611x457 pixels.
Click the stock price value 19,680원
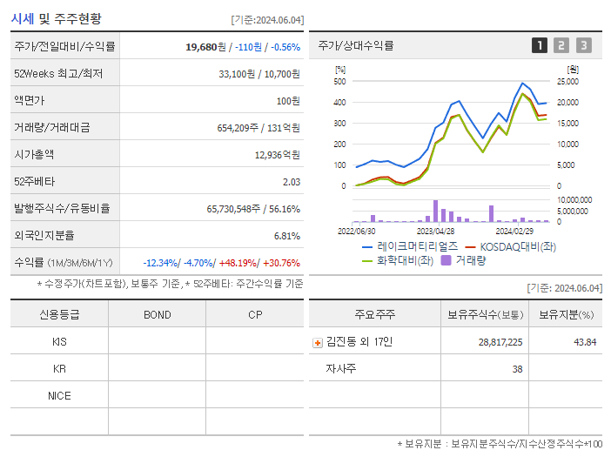(x=207, y=47)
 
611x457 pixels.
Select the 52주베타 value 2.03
(x=291, y=182)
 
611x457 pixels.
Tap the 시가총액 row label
(x=34, y=155)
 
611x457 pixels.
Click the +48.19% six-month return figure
(x=238, y=263)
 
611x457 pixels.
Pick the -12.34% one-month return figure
(x=160, y=263)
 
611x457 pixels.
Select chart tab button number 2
(x=561, y=45)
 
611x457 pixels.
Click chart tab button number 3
(x=583, y=45)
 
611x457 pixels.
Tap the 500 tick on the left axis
(x=339, y=82)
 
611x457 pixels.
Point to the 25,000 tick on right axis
(x=567, y=82)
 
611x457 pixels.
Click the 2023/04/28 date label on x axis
(x=435, y=232)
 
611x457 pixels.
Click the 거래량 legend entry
(x=468, y=260)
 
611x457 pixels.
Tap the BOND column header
(x=157, y=315)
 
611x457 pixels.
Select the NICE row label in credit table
(x=59, y=396)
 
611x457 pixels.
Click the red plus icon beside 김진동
(x=318, y=343)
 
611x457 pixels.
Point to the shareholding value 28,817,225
(x=500, y=343)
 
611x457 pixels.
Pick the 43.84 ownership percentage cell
(x=585, y=343)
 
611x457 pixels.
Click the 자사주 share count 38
(x=517, y=369)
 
